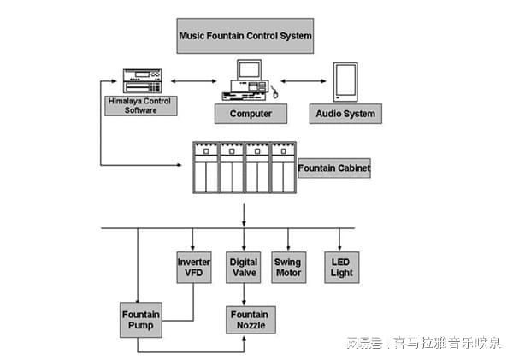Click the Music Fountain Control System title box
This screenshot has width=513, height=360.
pos(245,37)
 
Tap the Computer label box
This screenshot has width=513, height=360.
pos(251,113)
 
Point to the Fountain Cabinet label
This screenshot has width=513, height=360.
pos(333,169)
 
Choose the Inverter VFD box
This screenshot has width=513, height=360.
pos(193,267)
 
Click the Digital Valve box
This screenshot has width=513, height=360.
pos(245,267)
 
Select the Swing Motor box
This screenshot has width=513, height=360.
pos(289,267)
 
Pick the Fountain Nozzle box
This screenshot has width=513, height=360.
pos(248,320)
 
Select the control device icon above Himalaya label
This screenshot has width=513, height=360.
pos(142,80)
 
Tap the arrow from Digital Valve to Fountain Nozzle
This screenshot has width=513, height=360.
pos(245,294)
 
